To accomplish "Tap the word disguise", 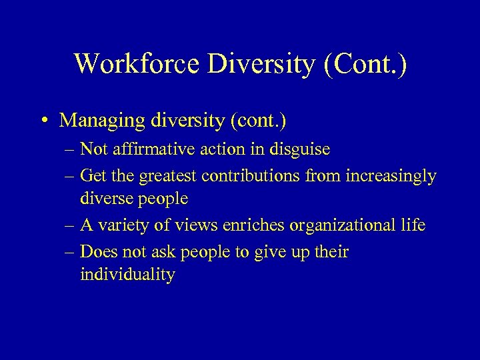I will pyautogui.click(x=300, y=150).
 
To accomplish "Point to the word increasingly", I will pyautogui.click(x=397, y=177).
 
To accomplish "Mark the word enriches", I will pyautogui.click(x=252, y=226).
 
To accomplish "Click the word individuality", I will pyautogui.click(x=127, y=275).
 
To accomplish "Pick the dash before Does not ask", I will pyautogui.click(x=69, y=253).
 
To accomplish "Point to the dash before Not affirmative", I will pyautogui.click(x=69, y=150).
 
